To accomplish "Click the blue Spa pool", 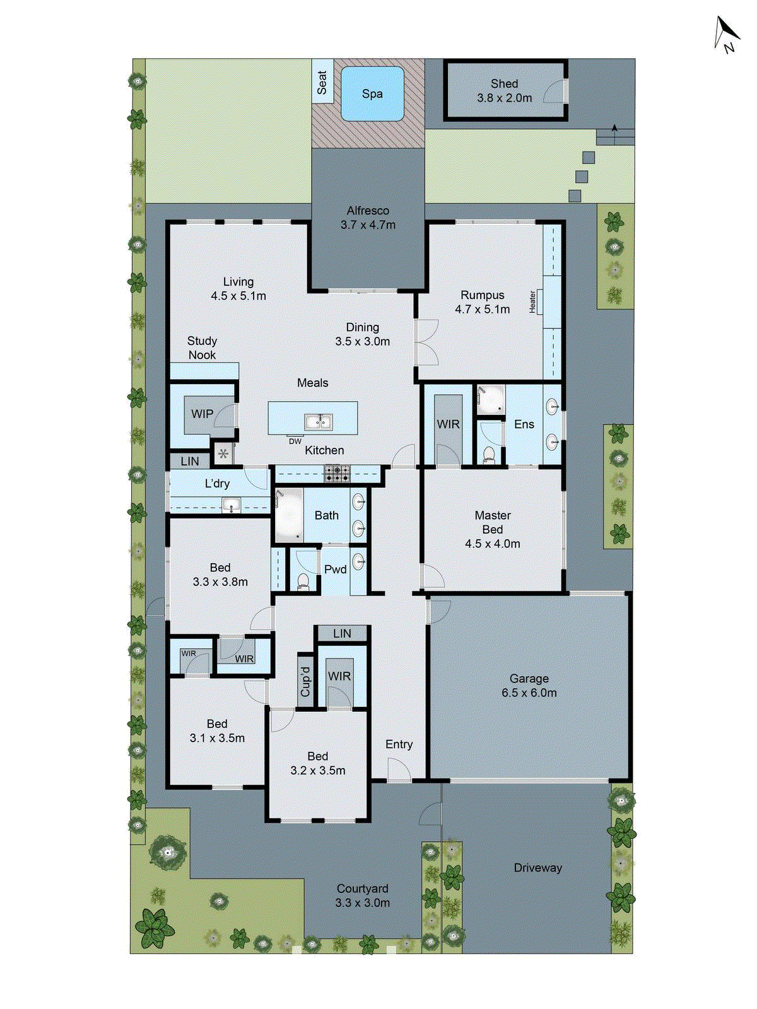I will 372,94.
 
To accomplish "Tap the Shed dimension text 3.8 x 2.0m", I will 504,98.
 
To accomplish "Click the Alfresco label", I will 368,211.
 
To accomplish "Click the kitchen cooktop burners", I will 337,473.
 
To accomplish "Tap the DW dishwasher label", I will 295,441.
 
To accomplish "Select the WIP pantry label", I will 202,414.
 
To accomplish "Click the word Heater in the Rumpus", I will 533,302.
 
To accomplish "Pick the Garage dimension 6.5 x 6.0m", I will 529,692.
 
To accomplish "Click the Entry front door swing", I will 399,770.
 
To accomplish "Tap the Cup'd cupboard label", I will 305,682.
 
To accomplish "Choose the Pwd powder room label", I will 335,569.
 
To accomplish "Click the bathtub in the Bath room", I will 290,516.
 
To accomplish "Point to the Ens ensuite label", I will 524,424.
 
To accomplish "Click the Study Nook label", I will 202,347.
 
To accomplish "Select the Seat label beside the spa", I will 322,82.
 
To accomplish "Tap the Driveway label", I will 537,868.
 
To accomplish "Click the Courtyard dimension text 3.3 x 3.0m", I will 362,902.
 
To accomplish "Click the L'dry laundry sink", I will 231,504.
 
